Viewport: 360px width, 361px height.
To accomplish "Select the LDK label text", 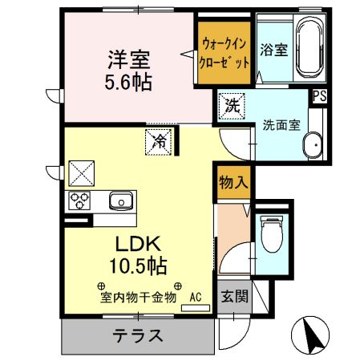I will click(x=144, y=243).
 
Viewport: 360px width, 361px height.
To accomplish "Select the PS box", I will click(x=320, y=96).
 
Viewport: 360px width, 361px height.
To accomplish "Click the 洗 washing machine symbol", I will click(x=232, y=105).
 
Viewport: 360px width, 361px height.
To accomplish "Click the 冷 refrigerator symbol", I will click(x=158, y=141).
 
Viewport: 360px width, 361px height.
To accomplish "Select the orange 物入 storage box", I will click(x=232, y=182).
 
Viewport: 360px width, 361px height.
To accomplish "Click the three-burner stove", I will click(x=79, y=201).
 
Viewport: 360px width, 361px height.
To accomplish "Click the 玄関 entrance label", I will click(x=235, y=295).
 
